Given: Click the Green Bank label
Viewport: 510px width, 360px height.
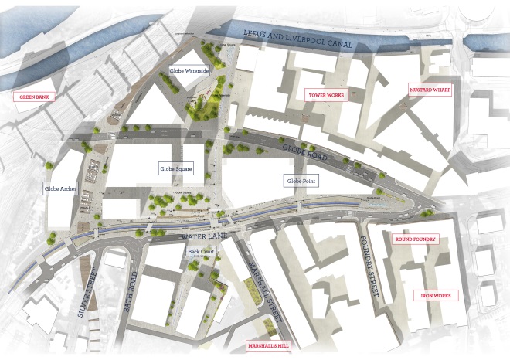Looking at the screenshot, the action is pyautogui.click(x=35, y=97).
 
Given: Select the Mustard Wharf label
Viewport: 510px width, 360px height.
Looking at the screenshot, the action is pyautogui.click(x=430, y=90).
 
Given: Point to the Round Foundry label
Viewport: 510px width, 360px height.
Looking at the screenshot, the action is pyautogui.click(x=416, y=239).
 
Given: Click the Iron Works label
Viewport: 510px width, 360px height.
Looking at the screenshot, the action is pyautogui.click(x=438, y=295).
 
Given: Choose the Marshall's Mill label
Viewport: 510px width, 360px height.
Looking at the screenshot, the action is pyautogui.click(x=267, y=346).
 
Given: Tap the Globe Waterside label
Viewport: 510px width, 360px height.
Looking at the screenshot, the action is pyautogui.click(x=189, y=70).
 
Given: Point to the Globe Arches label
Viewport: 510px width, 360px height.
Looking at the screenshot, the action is pyautogui.click(x=59, y=188).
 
